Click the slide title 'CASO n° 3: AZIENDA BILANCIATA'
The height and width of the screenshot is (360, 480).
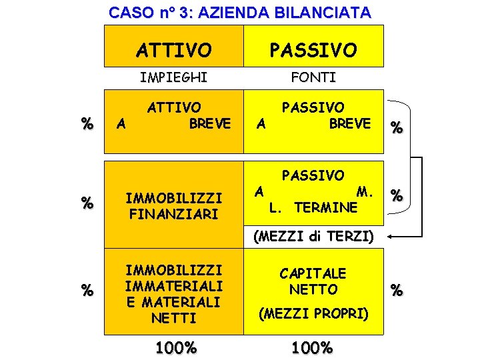(x=240, y=12)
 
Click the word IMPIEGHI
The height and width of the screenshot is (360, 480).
(x=173, y=77)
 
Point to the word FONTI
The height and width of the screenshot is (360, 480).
(x=313, y=77)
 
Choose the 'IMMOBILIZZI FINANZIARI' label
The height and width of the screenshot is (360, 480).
(x=173, y=206)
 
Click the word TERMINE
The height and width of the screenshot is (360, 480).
(x=326, y=207)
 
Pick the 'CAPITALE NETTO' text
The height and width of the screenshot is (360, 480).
(x=313, y=281)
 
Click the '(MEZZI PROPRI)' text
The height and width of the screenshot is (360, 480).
(x=313, y=313)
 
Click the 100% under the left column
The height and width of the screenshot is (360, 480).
(x=175, y=347)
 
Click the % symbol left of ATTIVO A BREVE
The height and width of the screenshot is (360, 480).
(x=87, y=124)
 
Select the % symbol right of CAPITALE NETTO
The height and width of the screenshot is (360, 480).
(x=397, y=291)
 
